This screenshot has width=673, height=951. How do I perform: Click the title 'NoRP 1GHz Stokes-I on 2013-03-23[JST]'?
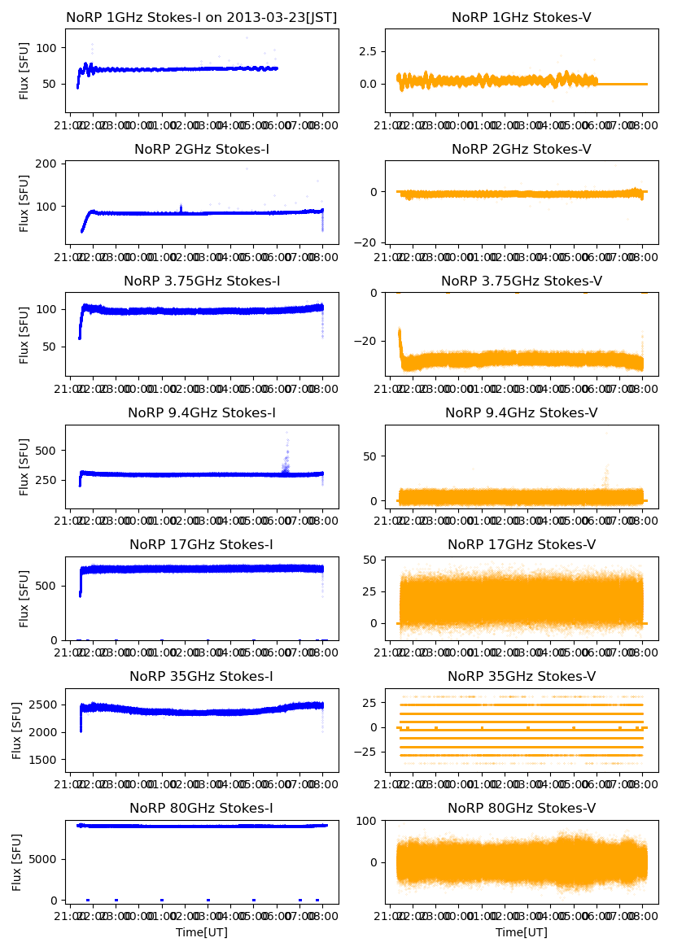(202, 17)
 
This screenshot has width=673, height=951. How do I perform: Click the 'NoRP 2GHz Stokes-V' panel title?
(522, 149)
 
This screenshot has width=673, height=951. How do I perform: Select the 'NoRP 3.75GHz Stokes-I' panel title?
(202, 281)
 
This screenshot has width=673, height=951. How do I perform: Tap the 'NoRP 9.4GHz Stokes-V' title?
(522, 412)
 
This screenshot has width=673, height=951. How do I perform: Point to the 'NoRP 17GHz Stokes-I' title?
(202, 544)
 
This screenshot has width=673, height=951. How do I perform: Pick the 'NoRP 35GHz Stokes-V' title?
(522, 676)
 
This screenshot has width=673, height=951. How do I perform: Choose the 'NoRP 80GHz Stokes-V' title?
(522, 808)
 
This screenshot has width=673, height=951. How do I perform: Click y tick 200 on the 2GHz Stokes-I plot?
(46, 164)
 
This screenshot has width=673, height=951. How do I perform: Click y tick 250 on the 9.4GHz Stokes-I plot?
(46, 479)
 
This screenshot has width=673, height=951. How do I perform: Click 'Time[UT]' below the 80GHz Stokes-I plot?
(202, 932)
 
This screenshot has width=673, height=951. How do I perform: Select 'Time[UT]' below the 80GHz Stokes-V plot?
(522, 932)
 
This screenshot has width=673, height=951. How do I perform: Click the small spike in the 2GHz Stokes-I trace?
(181, 207)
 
